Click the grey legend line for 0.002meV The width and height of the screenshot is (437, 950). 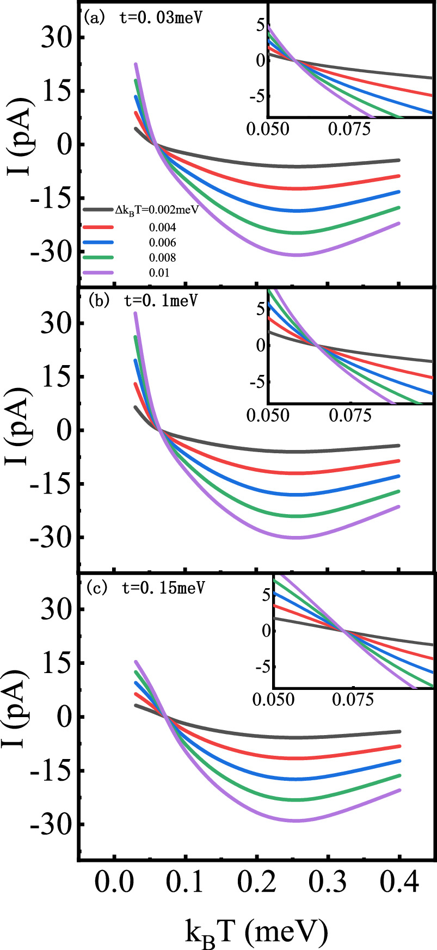tap(99, 209)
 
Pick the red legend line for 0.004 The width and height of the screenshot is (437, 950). tap(99, 226)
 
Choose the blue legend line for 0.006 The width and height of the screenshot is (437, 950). tap(99, 242)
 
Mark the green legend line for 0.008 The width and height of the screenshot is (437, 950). tap(99, 257)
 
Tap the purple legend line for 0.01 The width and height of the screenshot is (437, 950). tap(99, 273)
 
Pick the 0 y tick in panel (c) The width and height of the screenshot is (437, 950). tap(64, 717)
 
